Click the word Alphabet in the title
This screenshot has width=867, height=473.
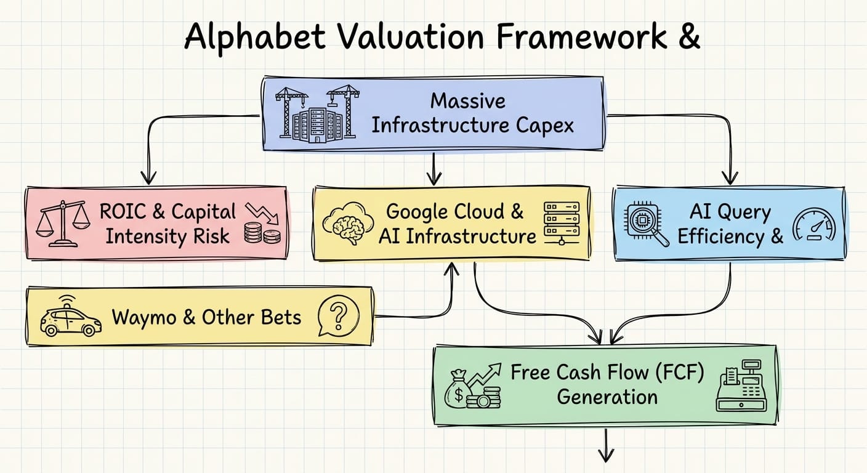(x=254, y=37)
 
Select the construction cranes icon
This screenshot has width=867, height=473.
(x=317, y=112)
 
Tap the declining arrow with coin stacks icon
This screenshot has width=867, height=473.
(x=262, y=223)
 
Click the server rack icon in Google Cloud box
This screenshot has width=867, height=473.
(x=562, y=223)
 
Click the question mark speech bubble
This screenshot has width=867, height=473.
(x=337, y=316)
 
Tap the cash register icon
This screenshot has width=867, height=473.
(x=741, y=386)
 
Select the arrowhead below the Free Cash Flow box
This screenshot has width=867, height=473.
(x=606, y=456)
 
